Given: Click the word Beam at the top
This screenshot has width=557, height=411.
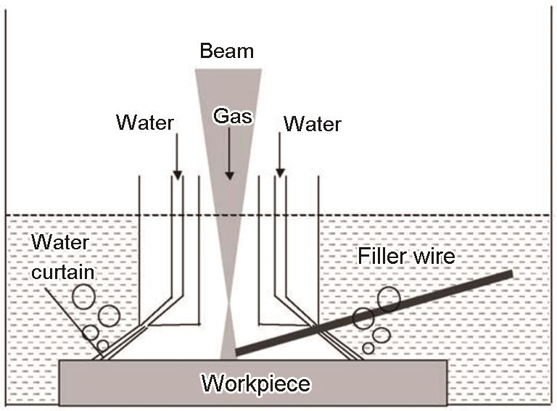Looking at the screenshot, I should [227, 51].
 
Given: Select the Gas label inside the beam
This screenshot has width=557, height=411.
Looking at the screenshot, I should [228, 115].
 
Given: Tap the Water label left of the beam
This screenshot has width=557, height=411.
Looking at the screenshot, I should [144, 123].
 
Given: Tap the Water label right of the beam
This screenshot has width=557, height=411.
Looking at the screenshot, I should [313, 124].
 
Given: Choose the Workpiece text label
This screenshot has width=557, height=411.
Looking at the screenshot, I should [255, 382].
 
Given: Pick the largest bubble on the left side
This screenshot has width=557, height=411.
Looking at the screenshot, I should [83, 297].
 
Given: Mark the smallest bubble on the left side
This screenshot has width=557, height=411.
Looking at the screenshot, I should [103, 346].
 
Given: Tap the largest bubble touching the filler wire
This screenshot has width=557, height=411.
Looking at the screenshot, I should [389, 299].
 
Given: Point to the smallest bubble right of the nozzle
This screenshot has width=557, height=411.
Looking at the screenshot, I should [368, 348].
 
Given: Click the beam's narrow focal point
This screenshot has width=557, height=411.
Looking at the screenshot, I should [228, 302].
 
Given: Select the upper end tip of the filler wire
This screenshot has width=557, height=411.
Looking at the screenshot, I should [511, 274].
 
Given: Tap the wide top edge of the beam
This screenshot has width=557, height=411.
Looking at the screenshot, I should [228, 70].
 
